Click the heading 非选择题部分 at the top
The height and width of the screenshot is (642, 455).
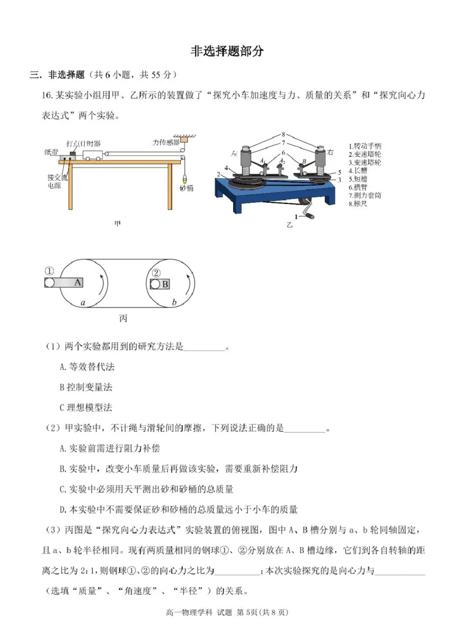(227, 51)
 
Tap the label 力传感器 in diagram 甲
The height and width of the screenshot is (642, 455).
(166, 141)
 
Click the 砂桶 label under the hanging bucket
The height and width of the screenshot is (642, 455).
(187, 188)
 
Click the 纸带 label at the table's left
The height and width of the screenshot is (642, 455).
(50, 153)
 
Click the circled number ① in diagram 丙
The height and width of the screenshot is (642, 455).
(50, 271)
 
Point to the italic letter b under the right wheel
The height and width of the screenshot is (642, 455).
(174, 303)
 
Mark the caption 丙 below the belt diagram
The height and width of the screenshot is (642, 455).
(123, 319)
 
